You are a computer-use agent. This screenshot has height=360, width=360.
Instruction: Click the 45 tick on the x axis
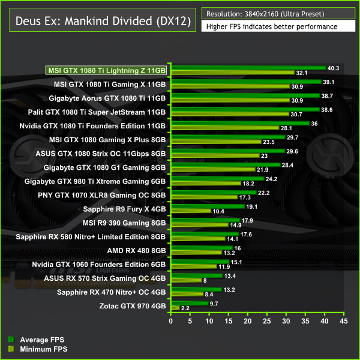click(x=343, y=322)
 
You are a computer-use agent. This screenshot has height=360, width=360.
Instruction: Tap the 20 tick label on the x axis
click(x=248, y=322)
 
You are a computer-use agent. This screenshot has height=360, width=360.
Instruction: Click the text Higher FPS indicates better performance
click(x=271, y=26)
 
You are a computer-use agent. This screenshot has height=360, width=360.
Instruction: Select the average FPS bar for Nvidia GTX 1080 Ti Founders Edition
click(x=240, y=123)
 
